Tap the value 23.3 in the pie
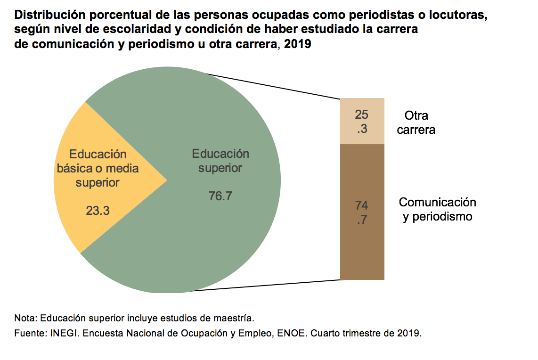click(98, 211)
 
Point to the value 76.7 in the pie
click(220, 196)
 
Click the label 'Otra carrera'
click(416, 123)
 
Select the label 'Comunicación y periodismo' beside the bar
click(437, 210)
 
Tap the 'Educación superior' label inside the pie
click(220, 161)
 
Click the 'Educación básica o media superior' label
click(98, 168)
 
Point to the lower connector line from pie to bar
click(264, 286)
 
